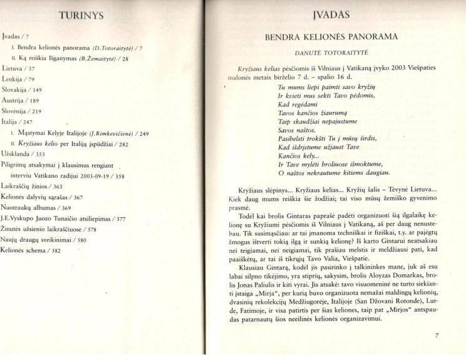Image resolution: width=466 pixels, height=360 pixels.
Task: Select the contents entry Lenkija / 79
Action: pos(20,78)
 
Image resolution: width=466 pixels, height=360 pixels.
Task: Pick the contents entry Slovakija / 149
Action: pos(23,89)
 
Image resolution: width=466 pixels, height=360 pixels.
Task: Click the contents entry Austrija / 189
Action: pos(21,100)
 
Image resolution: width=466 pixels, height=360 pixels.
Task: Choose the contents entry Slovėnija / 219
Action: pos(23,111)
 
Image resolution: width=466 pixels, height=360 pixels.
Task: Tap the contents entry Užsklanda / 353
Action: pos(24,153)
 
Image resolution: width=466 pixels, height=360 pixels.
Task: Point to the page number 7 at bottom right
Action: pos(437,336)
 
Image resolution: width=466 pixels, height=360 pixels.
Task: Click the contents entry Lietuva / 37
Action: pos(19,68)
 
